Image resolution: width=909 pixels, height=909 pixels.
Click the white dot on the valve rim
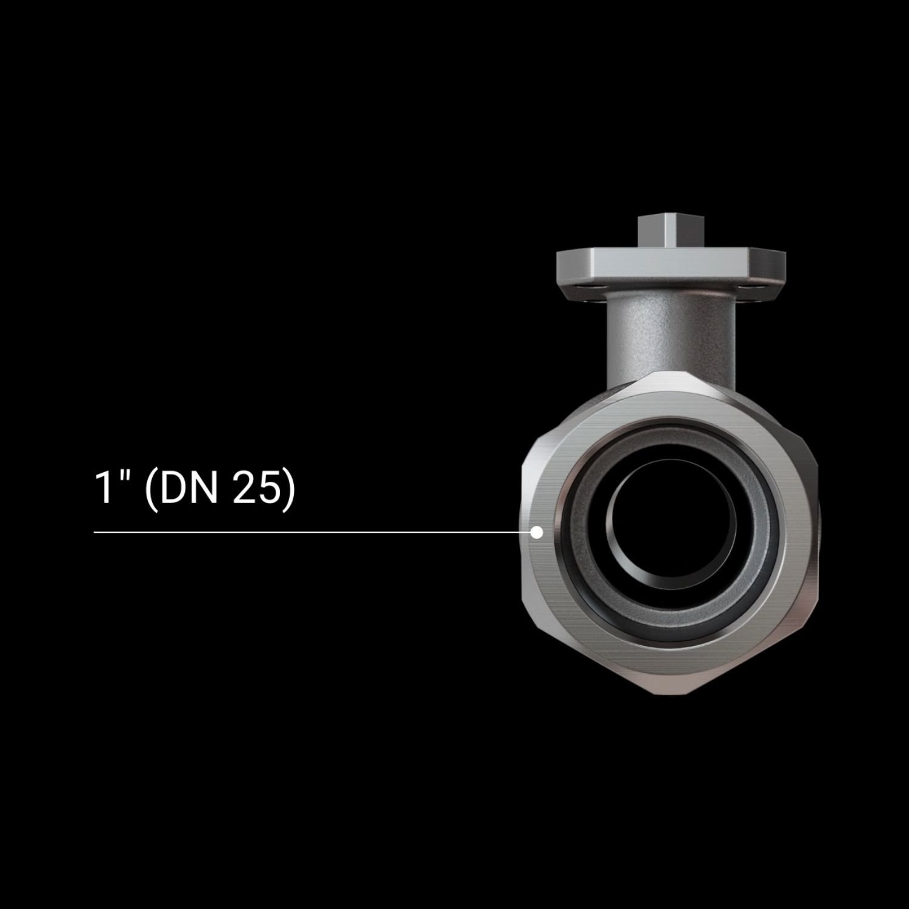tap(536, 532)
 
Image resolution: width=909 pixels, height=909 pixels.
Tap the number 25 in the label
tap(256, 488)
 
